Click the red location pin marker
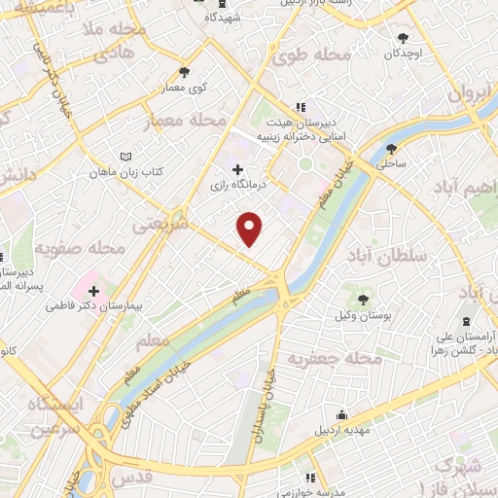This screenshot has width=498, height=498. point(251,228)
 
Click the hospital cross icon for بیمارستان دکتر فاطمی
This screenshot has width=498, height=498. point(93,291)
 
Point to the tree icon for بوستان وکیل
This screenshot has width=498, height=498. point(363,299)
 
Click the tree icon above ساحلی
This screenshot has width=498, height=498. point(391,149)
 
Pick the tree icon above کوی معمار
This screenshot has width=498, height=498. point(185,71)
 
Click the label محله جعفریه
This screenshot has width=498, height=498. point(332,360)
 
